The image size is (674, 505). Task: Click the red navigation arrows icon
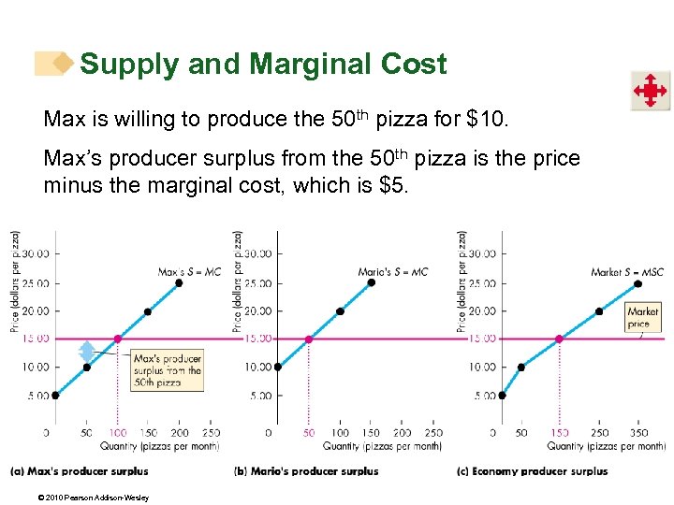click(649, 92)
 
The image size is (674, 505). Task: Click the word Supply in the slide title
click(129, 64)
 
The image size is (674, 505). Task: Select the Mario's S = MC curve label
click(393, 272)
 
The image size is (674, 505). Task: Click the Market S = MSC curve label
click(627, 272)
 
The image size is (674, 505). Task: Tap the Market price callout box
click(643, 317)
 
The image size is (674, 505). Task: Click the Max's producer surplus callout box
click(168, 370)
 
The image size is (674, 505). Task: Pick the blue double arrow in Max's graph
click(87, 352)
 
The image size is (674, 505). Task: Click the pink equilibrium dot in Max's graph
click(117, 339)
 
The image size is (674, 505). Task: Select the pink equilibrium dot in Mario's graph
click(309, 339)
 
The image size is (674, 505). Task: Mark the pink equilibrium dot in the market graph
click(560, 339)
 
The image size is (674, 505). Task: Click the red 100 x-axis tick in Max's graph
click(117, 433)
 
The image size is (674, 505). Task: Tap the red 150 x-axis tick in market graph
click(560, 433)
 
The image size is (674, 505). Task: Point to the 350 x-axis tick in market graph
click(639, 433)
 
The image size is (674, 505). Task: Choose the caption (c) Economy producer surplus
click(533, 471)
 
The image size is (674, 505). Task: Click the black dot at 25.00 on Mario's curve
click(372, 282)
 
